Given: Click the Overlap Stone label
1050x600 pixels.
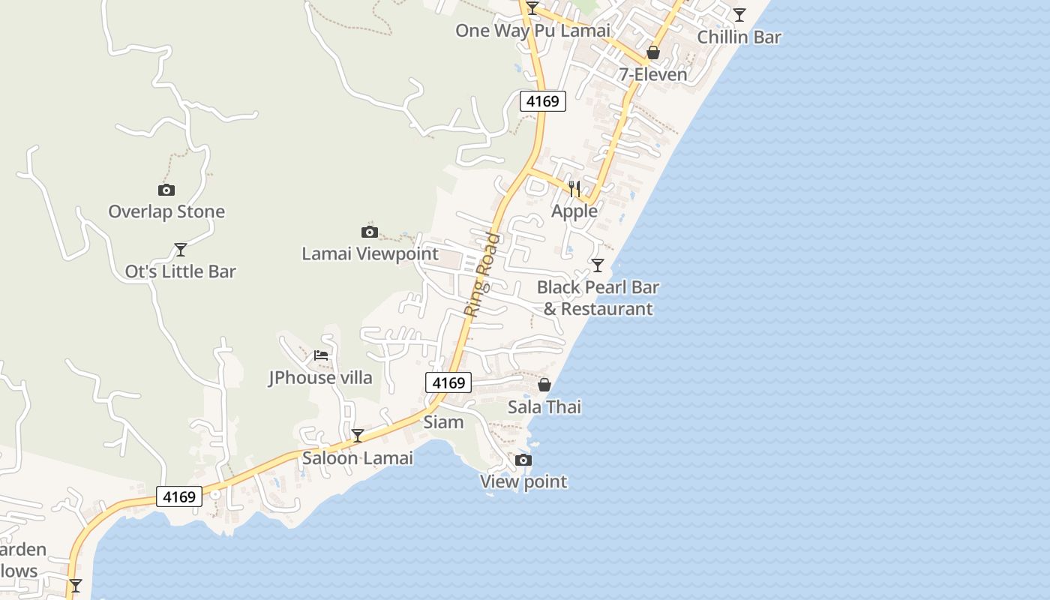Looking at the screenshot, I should click(166, 211).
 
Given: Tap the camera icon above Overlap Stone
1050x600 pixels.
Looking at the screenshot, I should click(166, 190).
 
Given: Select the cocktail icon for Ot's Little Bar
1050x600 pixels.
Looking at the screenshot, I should click(180, 249).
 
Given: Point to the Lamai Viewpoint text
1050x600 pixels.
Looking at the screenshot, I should click(370, 253).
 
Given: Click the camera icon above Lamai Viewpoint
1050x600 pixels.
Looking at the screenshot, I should click(370, 232).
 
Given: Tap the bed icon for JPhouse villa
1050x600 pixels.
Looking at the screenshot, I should click(321, 355).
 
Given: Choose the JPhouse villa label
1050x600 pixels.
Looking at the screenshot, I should click(320, 377).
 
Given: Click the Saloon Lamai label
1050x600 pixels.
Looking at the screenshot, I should click(358, 457).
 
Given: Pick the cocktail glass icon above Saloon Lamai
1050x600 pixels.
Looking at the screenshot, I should click(358, 435).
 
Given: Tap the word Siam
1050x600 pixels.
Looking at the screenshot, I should click(443, 421).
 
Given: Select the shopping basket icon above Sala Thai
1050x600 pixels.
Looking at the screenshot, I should click(544, 385).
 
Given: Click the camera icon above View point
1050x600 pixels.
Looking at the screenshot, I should click(523, 460).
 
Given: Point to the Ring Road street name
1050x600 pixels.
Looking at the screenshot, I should click(481, 274).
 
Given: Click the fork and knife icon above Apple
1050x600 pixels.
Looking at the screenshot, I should click(574, 188).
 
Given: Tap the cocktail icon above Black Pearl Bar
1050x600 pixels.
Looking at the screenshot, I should click(598, 265).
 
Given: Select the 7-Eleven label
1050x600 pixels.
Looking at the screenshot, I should click(653, 74).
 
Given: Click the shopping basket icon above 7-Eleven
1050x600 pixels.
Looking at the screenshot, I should click(653, 52).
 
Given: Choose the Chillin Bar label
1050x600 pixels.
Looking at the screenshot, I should click(739, 37).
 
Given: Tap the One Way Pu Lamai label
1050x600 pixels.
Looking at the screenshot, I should click(532, 31).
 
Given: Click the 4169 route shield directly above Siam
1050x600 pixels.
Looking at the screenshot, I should click(448, 382).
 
